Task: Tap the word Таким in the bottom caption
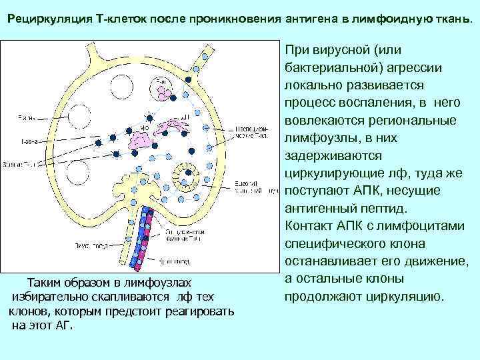pos(45,282)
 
